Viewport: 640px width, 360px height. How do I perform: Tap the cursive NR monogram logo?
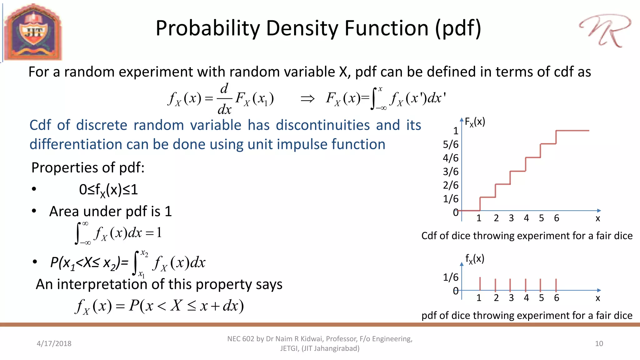tap(605, 31)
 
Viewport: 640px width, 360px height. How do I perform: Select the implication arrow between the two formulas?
tap(307, 99)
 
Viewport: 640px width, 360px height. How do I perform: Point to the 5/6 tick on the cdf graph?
tap(451, 144)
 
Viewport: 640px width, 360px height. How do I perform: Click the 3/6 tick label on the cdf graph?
tap(451, 172)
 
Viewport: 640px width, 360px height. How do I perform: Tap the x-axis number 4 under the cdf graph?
tap(526, 218)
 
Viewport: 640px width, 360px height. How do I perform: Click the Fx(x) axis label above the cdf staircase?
tap(475, 122)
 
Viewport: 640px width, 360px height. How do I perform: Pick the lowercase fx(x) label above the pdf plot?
tap(474, 259)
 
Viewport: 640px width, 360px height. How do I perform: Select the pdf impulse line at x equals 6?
tap(556, 284)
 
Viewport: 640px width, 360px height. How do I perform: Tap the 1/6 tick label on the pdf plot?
tap(451, 277)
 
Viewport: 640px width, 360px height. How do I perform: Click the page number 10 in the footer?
tap(599, 343)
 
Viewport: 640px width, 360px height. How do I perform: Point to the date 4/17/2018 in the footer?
tap(54, 343)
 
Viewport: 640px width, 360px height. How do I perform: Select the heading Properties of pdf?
tap(88, 167)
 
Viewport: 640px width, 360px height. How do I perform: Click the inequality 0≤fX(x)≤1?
tap(108, 190)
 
